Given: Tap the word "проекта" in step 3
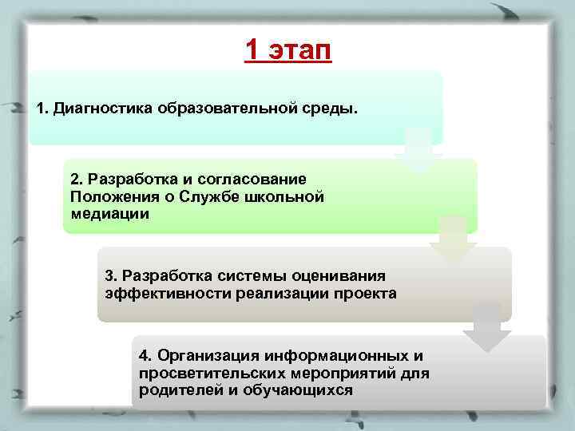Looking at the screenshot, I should tap(365, 293).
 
